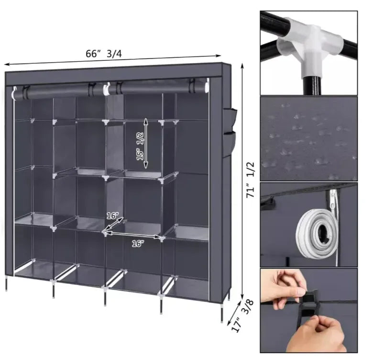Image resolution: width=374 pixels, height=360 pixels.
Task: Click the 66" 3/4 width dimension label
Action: pyautogui.click(x=103, y=54)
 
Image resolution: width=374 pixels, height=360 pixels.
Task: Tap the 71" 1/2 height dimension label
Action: pyautogui.click(x=251, y=180)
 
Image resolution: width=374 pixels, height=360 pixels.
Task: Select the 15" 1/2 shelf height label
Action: pyautogui.click(x=140, y=146)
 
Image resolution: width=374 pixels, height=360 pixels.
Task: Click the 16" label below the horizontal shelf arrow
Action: pyautogui.click(x=138, y=244)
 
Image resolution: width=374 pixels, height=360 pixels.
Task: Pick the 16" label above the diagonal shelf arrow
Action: pyautogui.click(x=112, y=216)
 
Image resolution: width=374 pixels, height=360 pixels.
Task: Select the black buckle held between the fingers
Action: pyautogui.click(x=309, y=307)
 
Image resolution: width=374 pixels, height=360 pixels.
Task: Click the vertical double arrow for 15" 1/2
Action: pyautogui.click(x=146, y=143)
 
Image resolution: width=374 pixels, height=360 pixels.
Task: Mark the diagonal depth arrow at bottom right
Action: pyautogui.click(x=234, y=312)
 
